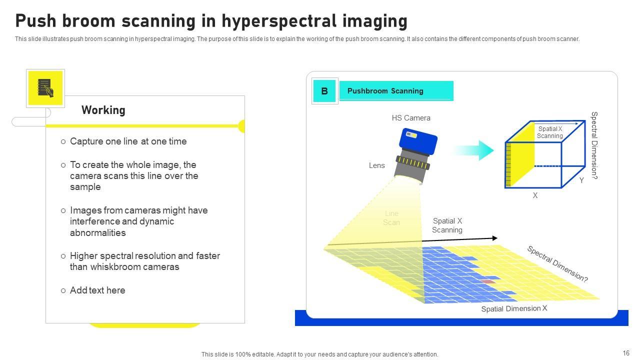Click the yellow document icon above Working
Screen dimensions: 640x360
click(45, 88)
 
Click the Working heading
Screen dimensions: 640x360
click(103, 110)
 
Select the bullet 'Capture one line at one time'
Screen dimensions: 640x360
click(128, 141)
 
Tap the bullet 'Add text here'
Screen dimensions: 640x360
click(97, 290)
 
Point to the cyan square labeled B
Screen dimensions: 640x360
click(324, 91)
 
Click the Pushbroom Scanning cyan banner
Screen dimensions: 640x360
click(396, 91)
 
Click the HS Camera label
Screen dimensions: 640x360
click(411, 118)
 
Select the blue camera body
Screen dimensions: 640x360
click(418, 142)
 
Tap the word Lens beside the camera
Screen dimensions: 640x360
click(377, 165)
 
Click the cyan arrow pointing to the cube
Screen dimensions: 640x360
click(474, 150)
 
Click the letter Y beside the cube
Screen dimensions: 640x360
click(581, 180)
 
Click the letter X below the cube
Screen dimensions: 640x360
click(535, 195)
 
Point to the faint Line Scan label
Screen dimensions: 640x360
click(391, 218)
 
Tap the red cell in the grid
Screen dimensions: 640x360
click(488, 281)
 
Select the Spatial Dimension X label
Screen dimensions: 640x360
click(514, 308)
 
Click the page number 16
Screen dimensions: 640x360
click(626, 353)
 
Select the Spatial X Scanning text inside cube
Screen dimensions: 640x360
click(550, 132)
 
